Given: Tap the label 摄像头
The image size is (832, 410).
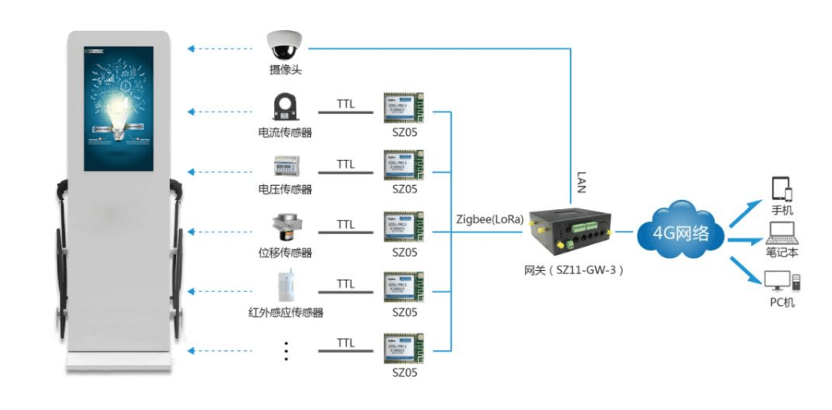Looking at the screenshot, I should (x=284, y=71).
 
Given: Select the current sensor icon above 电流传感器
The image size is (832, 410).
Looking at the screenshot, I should (x=285, y=107).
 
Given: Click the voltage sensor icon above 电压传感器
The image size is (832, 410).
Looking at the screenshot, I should (x=285, y=164).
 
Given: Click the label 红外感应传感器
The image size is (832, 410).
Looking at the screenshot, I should (x=285, y=312).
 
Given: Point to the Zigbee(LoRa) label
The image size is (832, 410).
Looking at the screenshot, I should (x=490, y=220).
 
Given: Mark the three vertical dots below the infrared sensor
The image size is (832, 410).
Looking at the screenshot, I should (x=285, y=350).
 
